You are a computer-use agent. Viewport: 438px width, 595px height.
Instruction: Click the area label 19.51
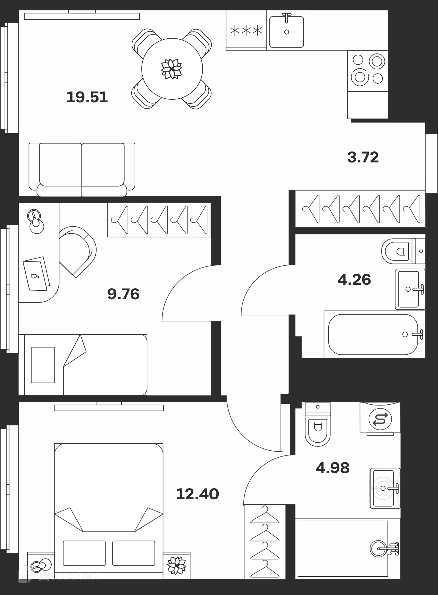pyautogui.click(x=87, y=97)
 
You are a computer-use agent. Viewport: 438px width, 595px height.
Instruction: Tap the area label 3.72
pyautogui.click(x=363, y=157)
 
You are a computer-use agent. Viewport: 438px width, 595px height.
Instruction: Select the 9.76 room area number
pyautogui.click(x=123, y=294)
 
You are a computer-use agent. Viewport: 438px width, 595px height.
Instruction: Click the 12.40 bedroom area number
pyautogui.click(x=198, y=494)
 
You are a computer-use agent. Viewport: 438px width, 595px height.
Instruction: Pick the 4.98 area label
pyautogui.click(x=333, y=468)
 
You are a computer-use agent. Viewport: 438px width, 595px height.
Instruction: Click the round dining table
pyautogui.click(x=172, y=69)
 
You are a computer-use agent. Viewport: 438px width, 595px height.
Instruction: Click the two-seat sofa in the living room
pyautogui.click(x=82, y=170)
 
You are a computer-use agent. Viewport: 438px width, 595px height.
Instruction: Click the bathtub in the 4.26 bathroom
pyautogui.click(x=373, y=334)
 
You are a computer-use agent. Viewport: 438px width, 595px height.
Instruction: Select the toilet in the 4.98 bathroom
pyautogui.click(x=318, y=424)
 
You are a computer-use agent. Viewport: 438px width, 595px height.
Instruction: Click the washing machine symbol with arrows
pyautogui.click(x=380, y=419)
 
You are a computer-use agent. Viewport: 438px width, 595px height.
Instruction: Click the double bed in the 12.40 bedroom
pyautogui.click(x=109, y=511)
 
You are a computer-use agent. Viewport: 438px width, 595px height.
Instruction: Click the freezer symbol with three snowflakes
pyautogui.click(x=246, y=30)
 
